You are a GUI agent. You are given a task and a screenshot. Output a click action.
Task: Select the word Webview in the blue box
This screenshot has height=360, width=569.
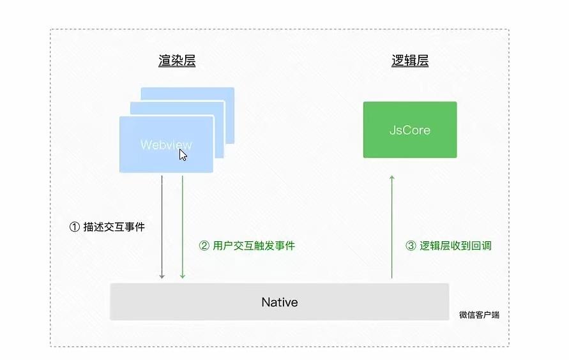[x=165, y=144]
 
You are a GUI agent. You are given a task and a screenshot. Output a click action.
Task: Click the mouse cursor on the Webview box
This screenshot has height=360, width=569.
[x=183, y=154]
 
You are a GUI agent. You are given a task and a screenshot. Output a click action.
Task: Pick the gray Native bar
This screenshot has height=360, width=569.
[x=192, y=302]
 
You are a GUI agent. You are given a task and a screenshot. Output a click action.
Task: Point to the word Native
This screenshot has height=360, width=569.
[x=280, y=302]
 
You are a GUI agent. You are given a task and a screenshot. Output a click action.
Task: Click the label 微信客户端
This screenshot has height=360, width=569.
[x=479, y=315]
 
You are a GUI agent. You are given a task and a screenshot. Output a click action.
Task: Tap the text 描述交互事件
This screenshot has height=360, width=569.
[x=114, y=227]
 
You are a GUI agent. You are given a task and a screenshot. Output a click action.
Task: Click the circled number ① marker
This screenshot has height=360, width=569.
[x=74, y=227]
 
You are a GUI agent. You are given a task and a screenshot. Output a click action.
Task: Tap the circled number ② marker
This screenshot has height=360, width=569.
[x=204, y=245]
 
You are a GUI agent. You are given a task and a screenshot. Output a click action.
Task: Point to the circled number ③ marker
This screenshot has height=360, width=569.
[x=411, y=245]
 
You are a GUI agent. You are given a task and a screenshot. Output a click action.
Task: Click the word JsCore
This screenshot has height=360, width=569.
[x=410, y=130]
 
